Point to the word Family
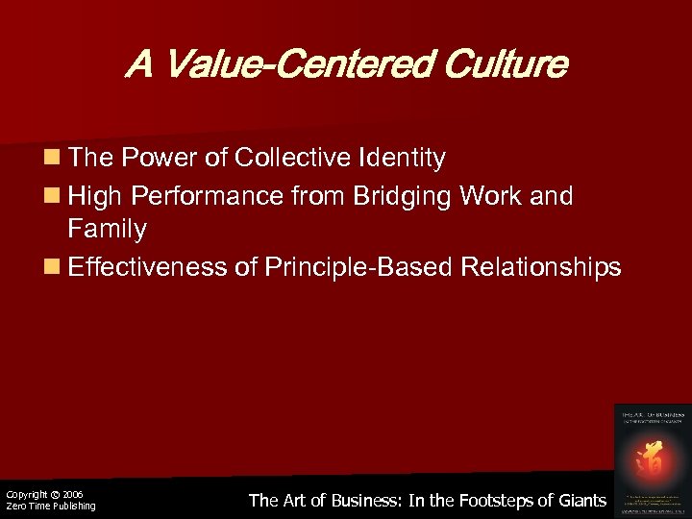point(108,231)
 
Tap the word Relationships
point(541,266)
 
